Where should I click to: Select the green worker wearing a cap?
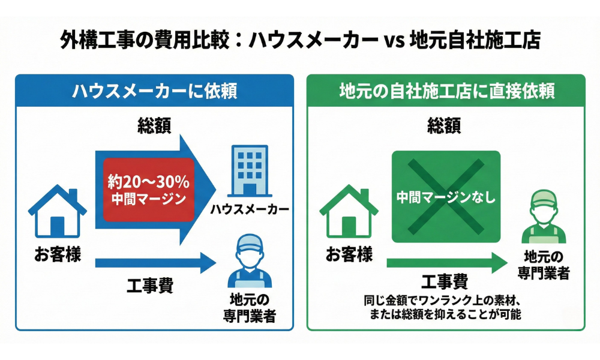click(545, 217)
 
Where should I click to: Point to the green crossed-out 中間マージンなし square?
click(446, 197)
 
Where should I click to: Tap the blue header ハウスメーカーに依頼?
click(154, 91)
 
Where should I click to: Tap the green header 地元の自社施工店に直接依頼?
click(446, 91)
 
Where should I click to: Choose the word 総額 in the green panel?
click(445, 126)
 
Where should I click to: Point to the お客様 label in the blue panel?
click(58, 254)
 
